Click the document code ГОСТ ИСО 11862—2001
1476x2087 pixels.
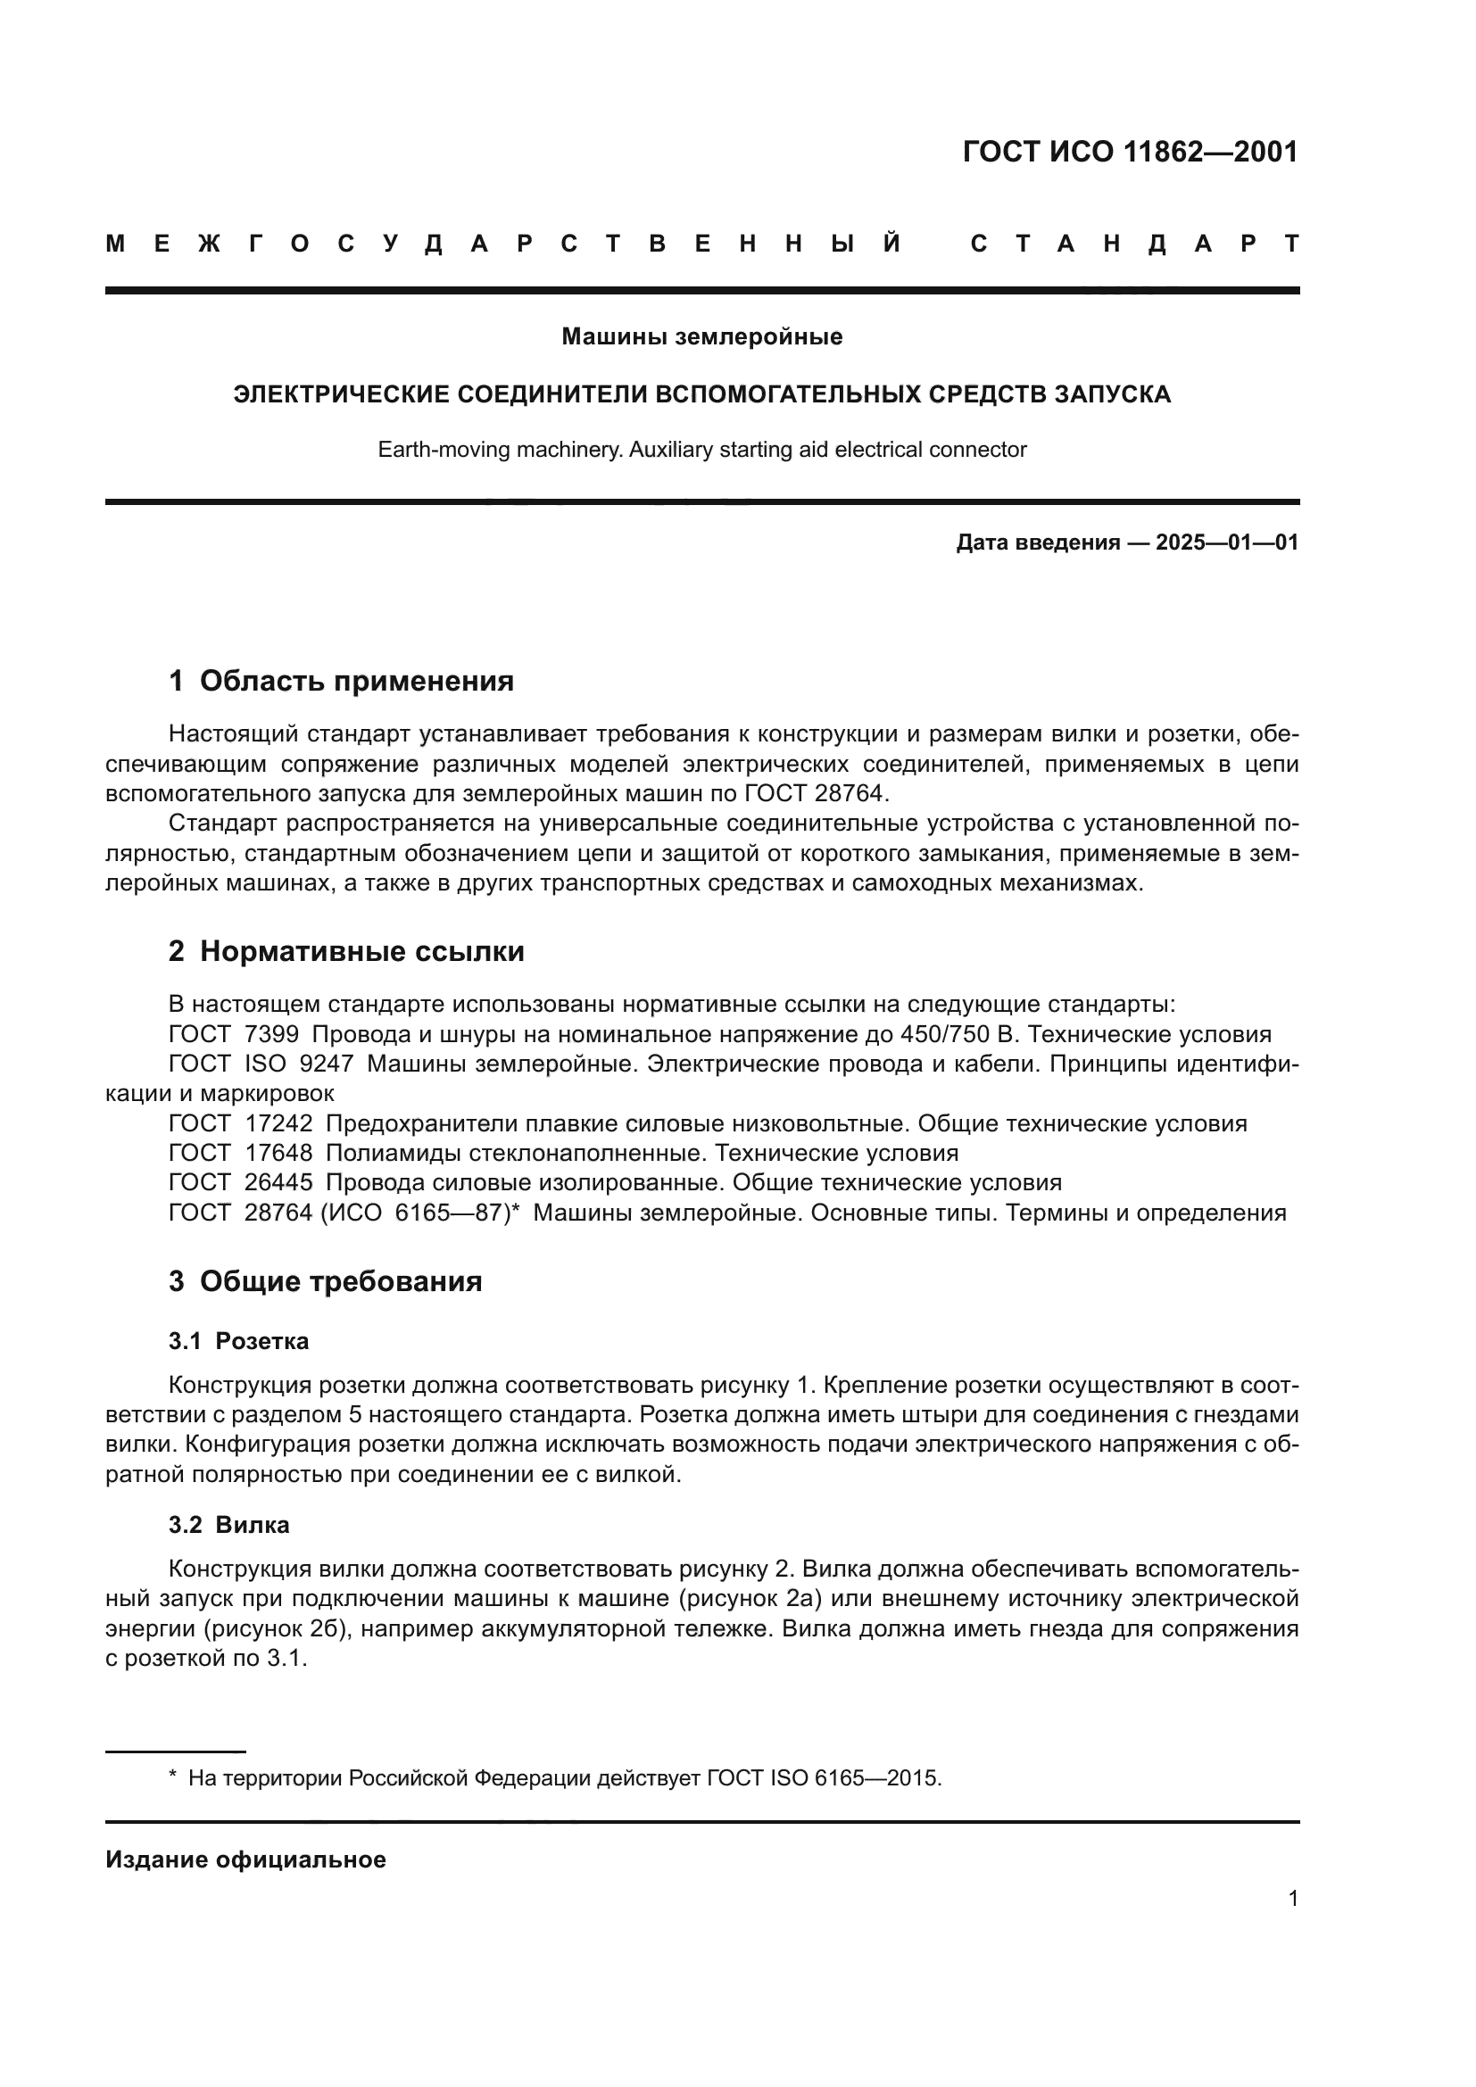tap(1130, 152)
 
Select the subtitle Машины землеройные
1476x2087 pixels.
tap(701, 337)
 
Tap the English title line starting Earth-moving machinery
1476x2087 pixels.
tap(701, 450)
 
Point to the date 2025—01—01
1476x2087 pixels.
tap(1226, 543)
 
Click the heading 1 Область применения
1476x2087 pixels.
tap(341, 681)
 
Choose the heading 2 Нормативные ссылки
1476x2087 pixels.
tap(346, 952)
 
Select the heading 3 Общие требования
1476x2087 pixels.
tap(326, 1281)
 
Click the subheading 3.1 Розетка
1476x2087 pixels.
tap(238, 1342)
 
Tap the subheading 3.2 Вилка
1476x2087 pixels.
tap(229, 1525)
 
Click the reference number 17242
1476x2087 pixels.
tap(278, 1123)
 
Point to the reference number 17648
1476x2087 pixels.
tap(278, 1154)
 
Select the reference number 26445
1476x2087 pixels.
tap(278, 1183)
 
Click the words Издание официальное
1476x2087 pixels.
tap(245, 1859)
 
